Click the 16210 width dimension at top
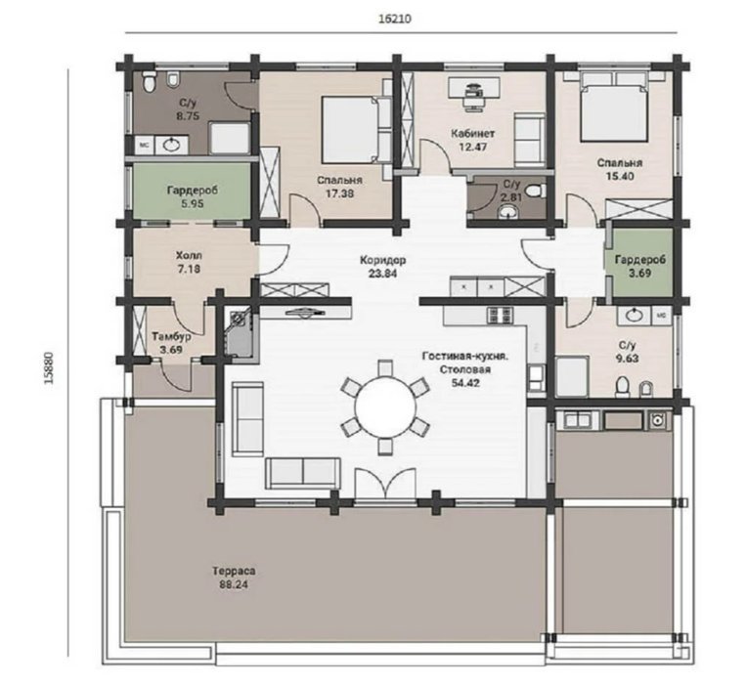click(x=394, y=19)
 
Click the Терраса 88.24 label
click(x=234, y=577)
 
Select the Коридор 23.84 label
click(x=382, y=267)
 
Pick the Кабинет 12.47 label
click(x=473, y=140)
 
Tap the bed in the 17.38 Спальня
click(x=356, y=129)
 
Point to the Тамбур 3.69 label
click(x=171, y=343)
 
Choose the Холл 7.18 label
click(x=189, y=263)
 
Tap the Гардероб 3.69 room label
click(x=639, y=266)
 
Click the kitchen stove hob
click(x=500, y=316)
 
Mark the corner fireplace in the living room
click(x=241, y=331)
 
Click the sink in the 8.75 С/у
click(x=170, y=145)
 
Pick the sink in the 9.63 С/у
click(x=634, y=316)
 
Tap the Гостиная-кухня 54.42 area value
click(x=466, y=382)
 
